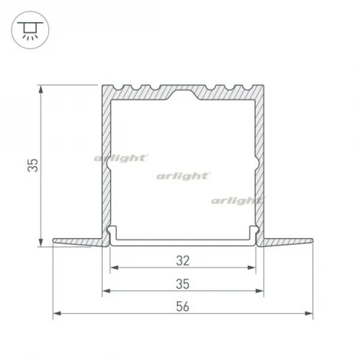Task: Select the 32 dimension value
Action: (182, 260)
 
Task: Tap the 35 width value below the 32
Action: (182, 283)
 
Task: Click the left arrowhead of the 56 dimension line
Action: (55, 315)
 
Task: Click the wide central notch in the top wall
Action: (182, 91)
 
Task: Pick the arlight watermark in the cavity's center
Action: (182, 176)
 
